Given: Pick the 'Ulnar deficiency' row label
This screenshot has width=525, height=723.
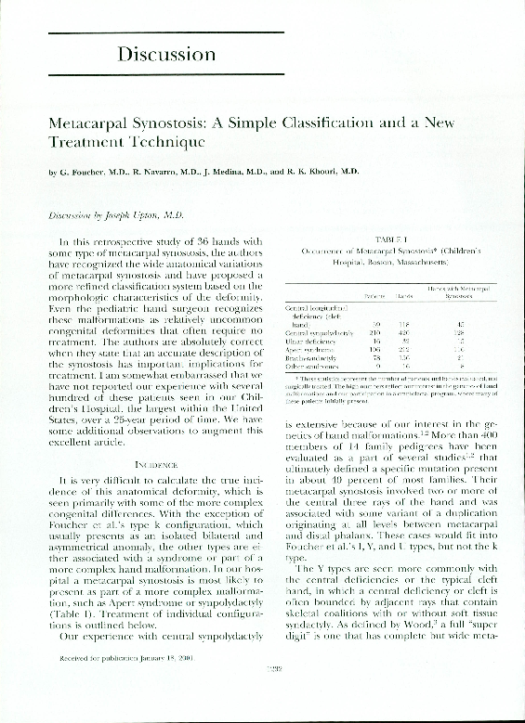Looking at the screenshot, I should pos(309,341).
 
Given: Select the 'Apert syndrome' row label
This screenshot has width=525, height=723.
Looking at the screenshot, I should pos(308,349).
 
